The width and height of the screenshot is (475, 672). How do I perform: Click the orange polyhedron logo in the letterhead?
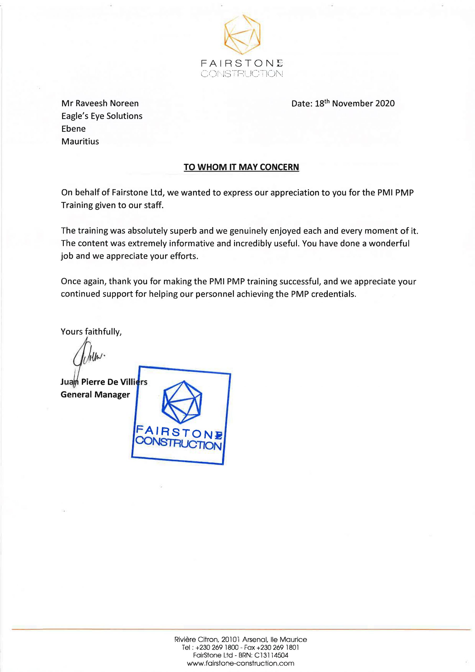coord(242,35)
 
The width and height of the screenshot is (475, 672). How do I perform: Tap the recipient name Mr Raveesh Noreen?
coord(100,103)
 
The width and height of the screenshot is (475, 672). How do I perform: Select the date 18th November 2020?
coord(355,103)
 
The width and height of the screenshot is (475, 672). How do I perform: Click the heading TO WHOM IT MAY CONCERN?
coord(241,167)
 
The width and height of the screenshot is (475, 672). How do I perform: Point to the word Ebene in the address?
coord(74,129)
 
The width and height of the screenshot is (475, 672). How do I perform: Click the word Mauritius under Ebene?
coord(80,142)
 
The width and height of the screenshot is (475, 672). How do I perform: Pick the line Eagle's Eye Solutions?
coord(102,116)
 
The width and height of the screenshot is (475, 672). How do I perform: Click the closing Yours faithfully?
coord(91,332)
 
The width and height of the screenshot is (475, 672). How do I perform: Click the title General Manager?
coord(95,395)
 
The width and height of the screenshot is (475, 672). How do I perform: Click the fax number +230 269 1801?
coord(278,647)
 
